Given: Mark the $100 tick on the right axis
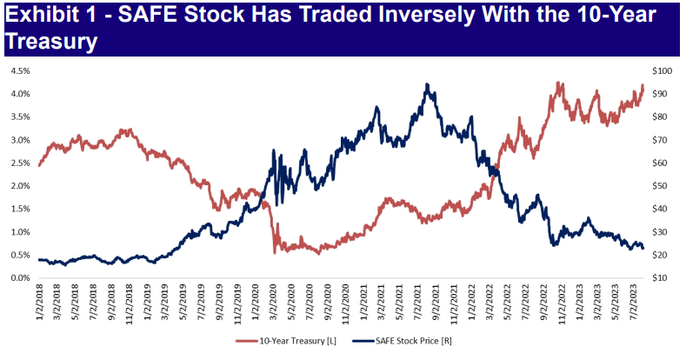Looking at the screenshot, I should tap(662, 71).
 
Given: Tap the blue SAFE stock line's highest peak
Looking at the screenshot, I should tap(426, 84).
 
